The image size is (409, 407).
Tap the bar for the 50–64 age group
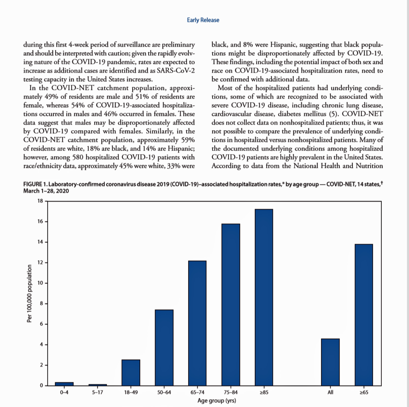(x=164, y=347)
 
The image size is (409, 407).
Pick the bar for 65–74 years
(x=197, y=323)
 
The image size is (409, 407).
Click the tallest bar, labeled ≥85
(x=264, y=297)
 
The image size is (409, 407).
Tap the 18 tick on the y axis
(x=40, y=201)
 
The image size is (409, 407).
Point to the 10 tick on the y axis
(x=40, y=283)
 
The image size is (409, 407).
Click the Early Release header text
(x=203, y=20)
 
